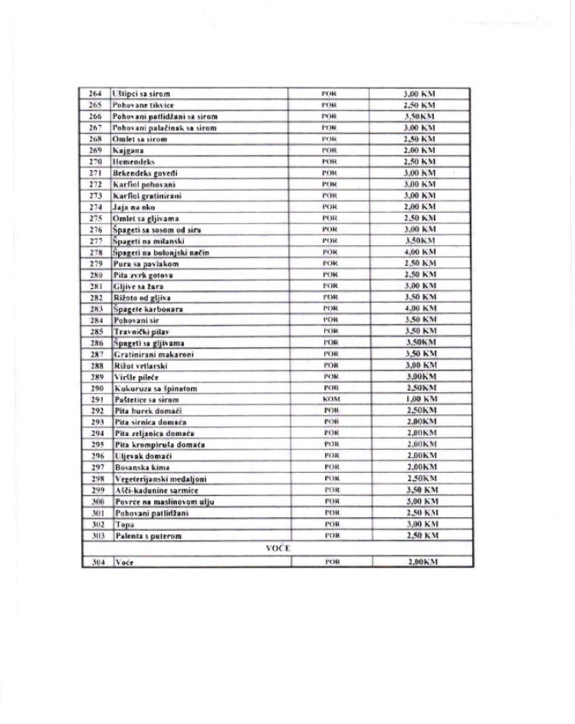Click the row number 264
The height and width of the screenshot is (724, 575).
tap(95, 93)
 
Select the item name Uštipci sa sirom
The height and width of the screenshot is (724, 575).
tap(141, 93)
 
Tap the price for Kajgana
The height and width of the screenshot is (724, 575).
tap(419, 151)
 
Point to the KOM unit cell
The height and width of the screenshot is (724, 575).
tap(330, 399)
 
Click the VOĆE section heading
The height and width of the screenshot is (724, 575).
tap(278, 549)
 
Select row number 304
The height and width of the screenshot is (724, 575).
tap(95, 562)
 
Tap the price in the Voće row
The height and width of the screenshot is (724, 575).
tap(419, 562)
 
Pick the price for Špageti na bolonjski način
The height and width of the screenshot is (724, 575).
tap(419, 252)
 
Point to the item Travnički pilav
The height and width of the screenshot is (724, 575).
tap(143, 332)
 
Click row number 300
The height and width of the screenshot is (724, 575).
tap(95, 501)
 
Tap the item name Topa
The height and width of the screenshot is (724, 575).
tap(124, 524)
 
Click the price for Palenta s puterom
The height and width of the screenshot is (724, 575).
tap(419, 536)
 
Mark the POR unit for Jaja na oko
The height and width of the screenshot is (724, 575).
tap(330, 207)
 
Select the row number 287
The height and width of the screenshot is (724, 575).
tap(95, 354)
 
